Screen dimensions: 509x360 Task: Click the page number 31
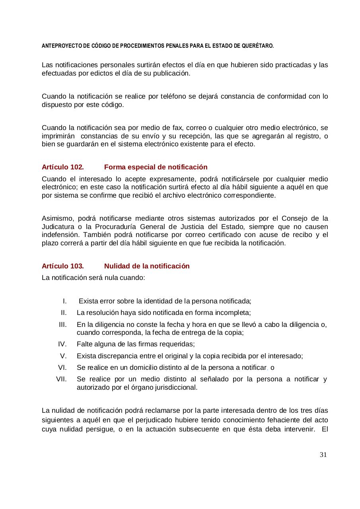pyautogui.click(x=323, y=455)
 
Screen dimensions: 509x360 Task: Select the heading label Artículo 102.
pyautogui.click(x=62, y=167)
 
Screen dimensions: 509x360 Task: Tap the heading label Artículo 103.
pyautogui.click(x=62, y=266)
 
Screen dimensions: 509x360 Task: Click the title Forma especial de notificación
pyautogui.click(x=156, y=167)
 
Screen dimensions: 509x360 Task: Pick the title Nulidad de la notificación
pyautogui.click(x=147, y=266)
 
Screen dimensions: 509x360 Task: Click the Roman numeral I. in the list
pyautogui.click(x=64, y=301)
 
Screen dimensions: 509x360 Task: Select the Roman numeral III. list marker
pyautogui.click(x=62, y=324)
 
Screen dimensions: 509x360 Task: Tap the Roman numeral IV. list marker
pyautogui.click(x=62, y=344)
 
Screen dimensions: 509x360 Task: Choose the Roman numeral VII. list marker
pyautogui.click(x=61, y=379)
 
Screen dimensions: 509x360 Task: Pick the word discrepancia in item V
pyautogui.click(x=116, y=356)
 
